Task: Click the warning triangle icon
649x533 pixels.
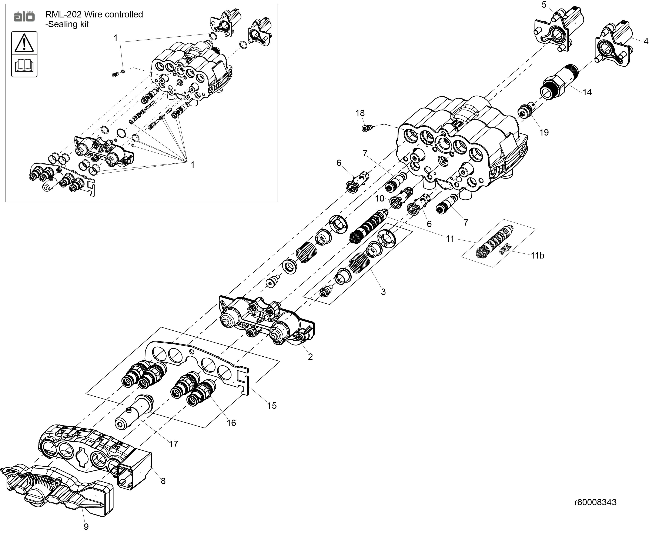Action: pyautogui.click(x=24, y=43)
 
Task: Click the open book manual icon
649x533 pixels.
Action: pyautogui.click(x=24, y=65)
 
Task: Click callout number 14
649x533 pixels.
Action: pyautogui.click(x=587, y=92)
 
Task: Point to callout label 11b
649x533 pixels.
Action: pyautogui.click(x=537, y=256)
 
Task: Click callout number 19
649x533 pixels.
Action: pyautogui.click(x=544, y=133)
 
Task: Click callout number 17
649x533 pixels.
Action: pyautogui.click(x=173, y=444)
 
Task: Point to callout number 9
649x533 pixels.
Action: pyautogui.click(x=86, y=527)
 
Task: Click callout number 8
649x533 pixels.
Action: pyautogui.click(x=163, y=481)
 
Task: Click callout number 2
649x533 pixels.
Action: pyautogui.click(x=310, y=357)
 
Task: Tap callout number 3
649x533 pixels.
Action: pyautogui.click(x=383, y=292)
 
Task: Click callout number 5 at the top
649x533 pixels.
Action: pyautogui.click(x=544, y=5)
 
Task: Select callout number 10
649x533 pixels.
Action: pyautogui.click(x=379, y=199)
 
